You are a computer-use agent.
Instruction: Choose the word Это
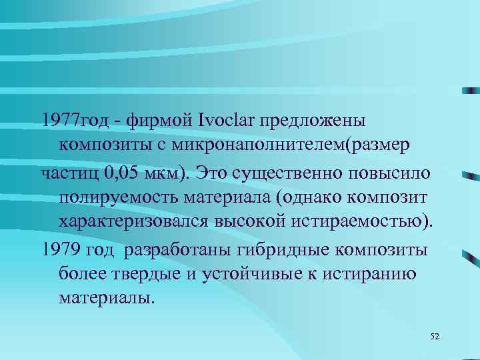pos(213,173)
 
